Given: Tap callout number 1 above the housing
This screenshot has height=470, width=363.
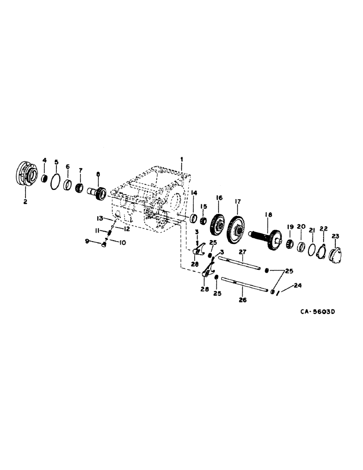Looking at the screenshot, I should pyautogui.click(x=182, y=161).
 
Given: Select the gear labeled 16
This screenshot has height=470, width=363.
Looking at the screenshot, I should pyautogui.click(x=218, y=225).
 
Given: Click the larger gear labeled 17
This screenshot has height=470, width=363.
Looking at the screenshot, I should pyautogui.click(x=237, y=231).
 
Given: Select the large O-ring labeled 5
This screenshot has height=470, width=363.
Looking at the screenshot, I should pyautogui.click(x=55, y=181).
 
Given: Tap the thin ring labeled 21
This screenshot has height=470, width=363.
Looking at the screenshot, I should pyautogui.click(x=311, y=249).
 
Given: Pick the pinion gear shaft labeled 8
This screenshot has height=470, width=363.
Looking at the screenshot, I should pyautogui.click(x=98, y=193).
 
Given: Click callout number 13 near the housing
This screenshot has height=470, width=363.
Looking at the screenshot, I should pyautogui.click(x=99, y=218).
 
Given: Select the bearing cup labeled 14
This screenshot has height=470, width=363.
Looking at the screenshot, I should pyautogui.click(x=193, y=219).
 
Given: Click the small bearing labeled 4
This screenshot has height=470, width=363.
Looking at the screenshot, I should pyautogui.click(x=45, y=178).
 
